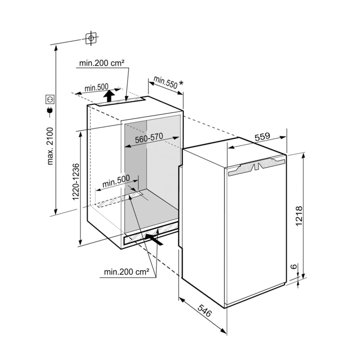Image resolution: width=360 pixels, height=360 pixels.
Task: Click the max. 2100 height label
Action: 50,146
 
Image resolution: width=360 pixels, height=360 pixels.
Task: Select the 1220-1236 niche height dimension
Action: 76,181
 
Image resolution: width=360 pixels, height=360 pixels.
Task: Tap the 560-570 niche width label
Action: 149,138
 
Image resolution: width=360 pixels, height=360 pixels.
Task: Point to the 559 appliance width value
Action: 262,136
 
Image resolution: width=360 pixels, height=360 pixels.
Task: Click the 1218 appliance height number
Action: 299,216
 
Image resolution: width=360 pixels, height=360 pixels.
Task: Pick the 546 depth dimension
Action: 204,310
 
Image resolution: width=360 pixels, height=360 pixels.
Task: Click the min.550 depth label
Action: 166,82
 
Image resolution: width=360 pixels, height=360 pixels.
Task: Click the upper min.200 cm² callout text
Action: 102,63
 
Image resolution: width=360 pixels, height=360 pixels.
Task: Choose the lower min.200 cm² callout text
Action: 127,272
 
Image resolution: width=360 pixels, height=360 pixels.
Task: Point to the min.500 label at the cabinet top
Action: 96,87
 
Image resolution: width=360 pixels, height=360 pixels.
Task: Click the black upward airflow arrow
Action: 109,95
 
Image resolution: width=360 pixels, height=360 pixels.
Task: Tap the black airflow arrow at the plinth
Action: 154,239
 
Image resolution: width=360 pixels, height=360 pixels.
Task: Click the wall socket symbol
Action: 50,100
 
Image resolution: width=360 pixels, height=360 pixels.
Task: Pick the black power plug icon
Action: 50,111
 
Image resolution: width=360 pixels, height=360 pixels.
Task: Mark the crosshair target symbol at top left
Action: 91,38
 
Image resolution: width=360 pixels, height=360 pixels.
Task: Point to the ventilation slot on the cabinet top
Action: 120,101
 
